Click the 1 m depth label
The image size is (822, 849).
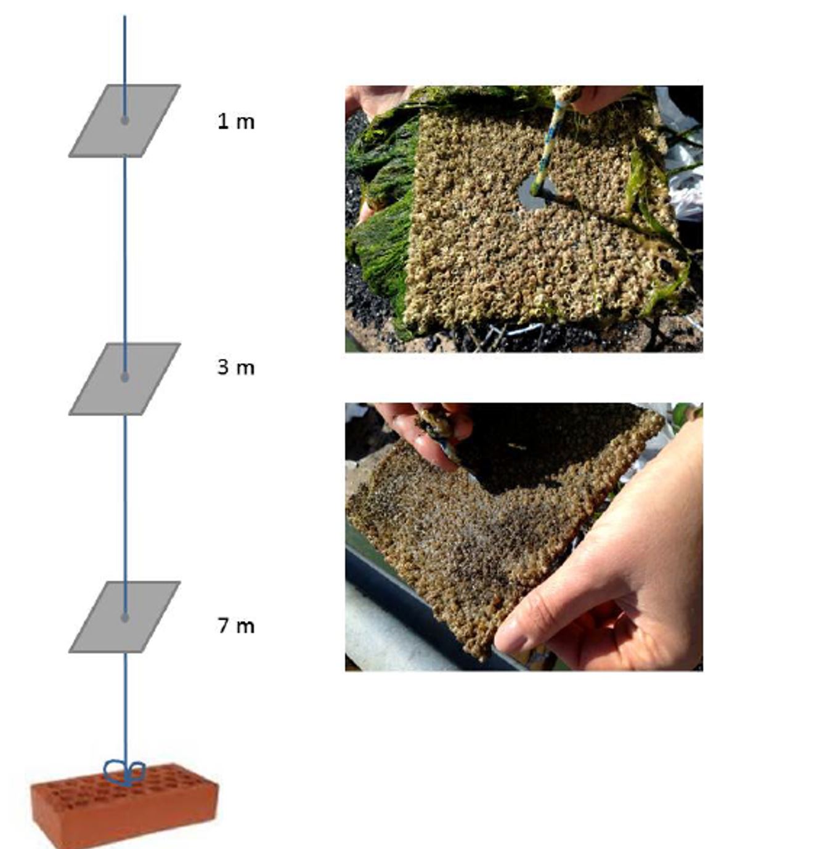[236, 121]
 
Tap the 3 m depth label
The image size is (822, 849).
[236, 367]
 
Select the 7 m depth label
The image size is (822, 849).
[236, 626]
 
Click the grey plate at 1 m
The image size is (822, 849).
[124, 121]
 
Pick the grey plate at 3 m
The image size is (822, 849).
[124, 379]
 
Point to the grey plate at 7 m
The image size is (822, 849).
[124, 617]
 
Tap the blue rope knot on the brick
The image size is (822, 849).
[124, 773]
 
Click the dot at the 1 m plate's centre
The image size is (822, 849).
[124, 121]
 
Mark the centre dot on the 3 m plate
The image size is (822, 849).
[124, 377]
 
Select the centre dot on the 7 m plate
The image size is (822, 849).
[125, 618]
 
